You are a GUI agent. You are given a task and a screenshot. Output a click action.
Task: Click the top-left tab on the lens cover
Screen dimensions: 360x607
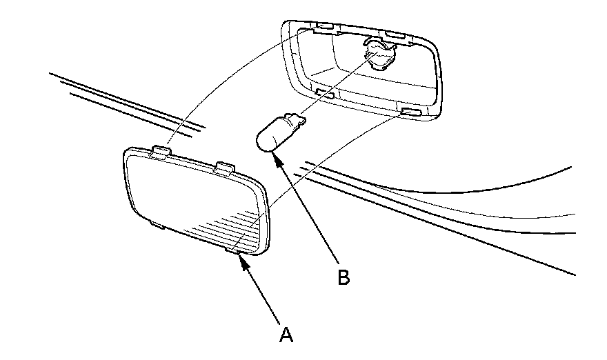pyautogui.click(x=159, y=151)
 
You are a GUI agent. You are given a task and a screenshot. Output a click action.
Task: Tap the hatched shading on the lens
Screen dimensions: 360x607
pyautogui.click(x=228, y=228)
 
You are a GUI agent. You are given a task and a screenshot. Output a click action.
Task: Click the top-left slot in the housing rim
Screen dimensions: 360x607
pyautogui.click(x=322, y=28)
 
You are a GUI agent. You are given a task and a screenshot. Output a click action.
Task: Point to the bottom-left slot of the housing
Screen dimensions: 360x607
pyautogui.click(x=325, y=93)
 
